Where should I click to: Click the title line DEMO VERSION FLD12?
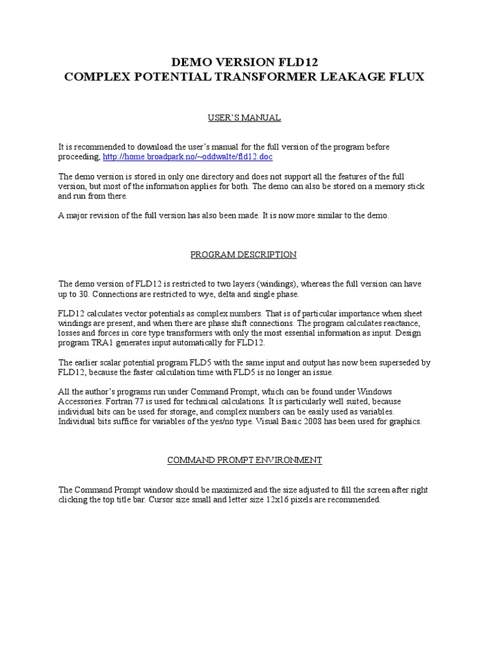pyautogui.click(x=244, y=62)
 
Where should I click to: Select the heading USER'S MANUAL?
pyautogui.click(x=244, y=118)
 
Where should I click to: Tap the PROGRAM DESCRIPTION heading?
pyautogui.click(x=244, y=255)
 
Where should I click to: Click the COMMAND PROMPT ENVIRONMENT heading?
pyautogui.click(x=244, y=460)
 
